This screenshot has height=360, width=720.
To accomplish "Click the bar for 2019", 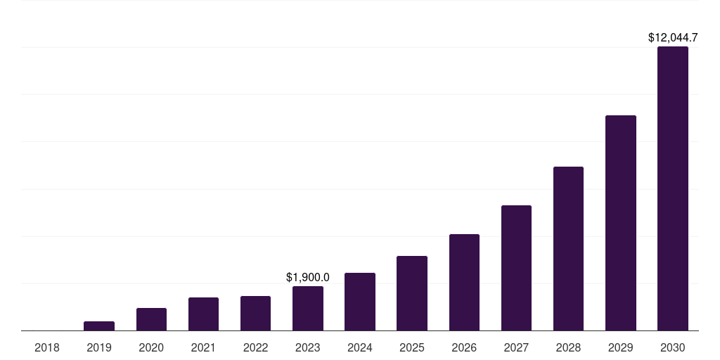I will point(99,326).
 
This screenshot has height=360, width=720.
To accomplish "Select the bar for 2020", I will point(151,319).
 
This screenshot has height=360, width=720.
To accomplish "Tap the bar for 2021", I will point(203,314).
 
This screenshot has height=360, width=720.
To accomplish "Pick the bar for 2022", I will point(255,314).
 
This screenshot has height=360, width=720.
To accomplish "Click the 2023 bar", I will point(308,309).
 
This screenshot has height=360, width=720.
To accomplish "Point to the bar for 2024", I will point(360,302).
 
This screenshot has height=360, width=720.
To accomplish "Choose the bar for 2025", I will point(412,293).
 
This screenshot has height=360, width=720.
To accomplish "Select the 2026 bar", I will point(464,283).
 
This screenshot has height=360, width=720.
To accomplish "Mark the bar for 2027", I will point(516,268).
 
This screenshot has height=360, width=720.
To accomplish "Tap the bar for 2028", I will point(568,249).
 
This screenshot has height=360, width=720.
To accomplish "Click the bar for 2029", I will point(621,223).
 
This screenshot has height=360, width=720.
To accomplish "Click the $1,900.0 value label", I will point(308,278).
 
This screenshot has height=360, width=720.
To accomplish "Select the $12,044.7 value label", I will point(673,38).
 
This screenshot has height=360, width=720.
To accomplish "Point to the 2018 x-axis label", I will point(47,347).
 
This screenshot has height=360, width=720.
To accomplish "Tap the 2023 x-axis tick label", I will point(308,347).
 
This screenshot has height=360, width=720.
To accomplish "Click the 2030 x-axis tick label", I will point(673,347).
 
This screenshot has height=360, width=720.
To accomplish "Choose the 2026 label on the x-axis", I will point(464,347).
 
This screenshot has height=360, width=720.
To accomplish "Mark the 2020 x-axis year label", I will point(151,347).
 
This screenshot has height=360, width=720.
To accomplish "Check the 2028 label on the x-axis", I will point(568,347).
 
